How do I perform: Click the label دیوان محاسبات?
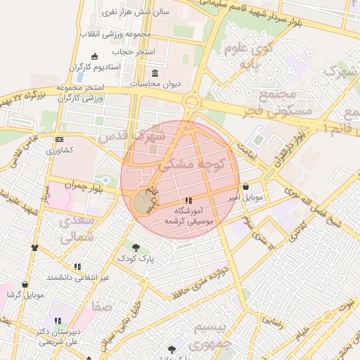[155, 84]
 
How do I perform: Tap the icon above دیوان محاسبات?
[155, 74]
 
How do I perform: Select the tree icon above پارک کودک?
[136, 247]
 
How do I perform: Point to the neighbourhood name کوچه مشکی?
[191, 164]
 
